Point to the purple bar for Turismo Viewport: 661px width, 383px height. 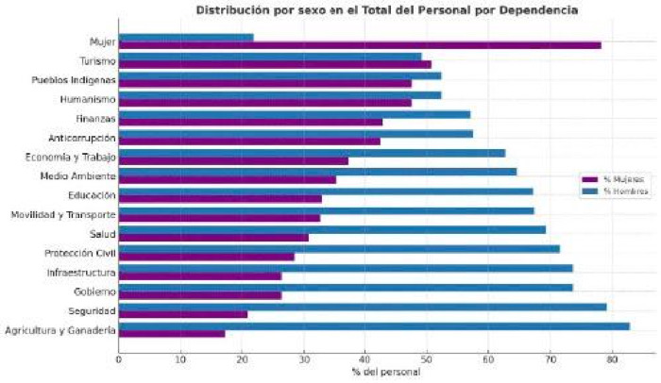[x=274, y=65]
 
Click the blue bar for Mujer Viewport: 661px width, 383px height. [x=185, y=38]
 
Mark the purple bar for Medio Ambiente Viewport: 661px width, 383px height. [x=227, y=179]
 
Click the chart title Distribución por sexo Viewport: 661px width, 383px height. [x=387, y=10]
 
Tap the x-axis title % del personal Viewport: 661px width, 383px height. [x=387, y=373]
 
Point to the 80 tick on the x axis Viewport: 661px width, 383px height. [x=612, y=359]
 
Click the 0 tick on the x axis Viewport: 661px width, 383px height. [x=119, y=359]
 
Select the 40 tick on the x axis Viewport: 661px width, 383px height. [x=365, y=359]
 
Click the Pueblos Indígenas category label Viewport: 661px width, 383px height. [x=74, y=80]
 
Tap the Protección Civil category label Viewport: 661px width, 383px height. [x=79, y=253]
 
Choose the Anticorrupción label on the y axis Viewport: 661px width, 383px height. [x=82, y=138]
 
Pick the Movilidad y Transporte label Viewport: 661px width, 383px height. [x=63, y=215]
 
